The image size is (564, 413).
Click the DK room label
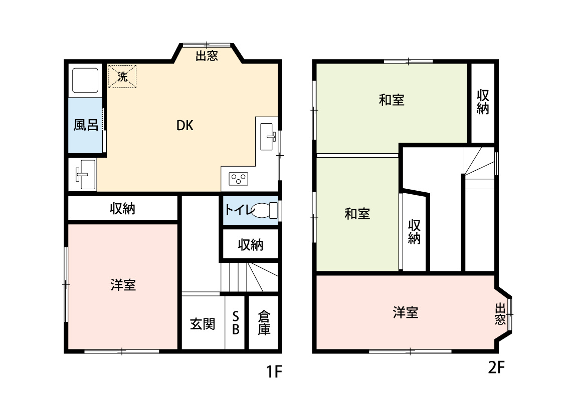pos(184,126)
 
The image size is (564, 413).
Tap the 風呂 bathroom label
pos(86,125)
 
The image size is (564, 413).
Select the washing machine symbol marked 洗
pos(122,77)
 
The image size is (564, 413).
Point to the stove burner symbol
pos(238,178)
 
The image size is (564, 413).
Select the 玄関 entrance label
pos(203,323)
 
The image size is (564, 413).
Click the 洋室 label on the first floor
pos(123,285)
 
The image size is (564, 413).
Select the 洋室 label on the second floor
pos(405,313)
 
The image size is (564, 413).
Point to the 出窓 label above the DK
pos(207,56)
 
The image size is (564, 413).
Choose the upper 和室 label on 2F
pos(392,100)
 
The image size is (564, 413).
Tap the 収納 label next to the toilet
pos(250,245)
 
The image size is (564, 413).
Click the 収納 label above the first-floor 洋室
pos(122,208)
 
